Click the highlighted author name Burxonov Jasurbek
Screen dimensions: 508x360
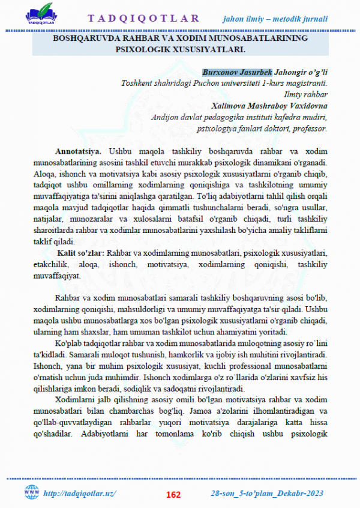[x=237, y=73]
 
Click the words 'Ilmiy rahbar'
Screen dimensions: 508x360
[x=304, y=95]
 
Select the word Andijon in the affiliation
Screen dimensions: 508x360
[x=166, y=117]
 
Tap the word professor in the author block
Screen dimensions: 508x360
[x=309, y=128]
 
